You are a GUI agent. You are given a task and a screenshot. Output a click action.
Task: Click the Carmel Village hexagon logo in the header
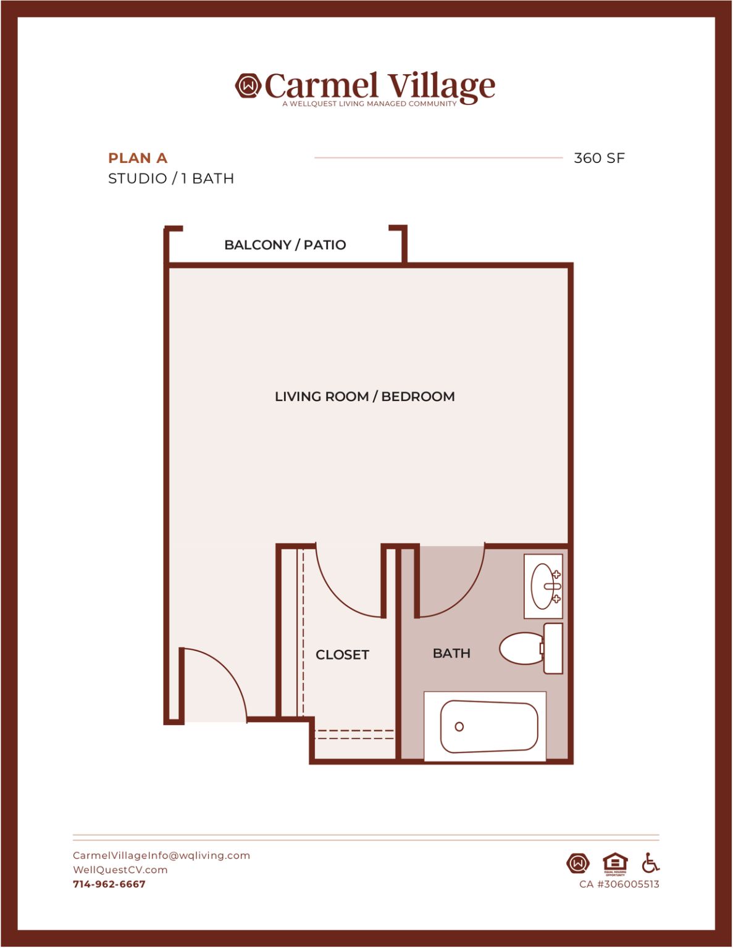coord(248,85)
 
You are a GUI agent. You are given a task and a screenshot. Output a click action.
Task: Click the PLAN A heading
coord(138,158)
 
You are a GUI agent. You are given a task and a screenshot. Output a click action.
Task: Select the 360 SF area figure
coord(599,158)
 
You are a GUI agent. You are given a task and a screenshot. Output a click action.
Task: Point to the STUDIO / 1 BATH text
coord(171,178)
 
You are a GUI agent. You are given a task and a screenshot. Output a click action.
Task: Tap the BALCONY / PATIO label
coord(285,245)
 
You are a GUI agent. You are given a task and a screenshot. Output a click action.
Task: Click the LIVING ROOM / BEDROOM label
coord(365,397)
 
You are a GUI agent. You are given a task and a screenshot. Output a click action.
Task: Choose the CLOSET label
coord(343,654)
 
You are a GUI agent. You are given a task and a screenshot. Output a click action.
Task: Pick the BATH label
coord(451,653)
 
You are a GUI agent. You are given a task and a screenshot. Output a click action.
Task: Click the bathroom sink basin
coord(542,586)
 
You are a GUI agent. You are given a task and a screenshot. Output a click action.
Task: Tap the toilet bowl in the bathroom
coord(520,648)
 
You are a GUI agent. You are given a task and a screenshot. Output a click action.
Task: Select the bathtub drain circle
coord(459,726)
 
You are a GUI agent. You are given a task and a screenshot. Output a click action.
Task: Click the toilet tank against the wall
coord(553,648)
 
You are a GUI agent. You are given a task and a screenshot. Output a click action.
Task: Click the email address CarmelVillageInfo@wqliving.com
coord(161,855)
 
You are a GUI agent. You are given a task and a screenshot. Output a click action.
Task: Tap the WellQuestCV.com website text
coord(120,870)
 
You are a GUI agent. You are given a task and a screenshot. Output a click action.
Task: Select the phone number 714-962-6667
coord(109,884)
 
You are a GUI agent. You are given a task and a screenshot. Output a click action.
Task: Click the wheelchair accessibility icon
coord(650,863)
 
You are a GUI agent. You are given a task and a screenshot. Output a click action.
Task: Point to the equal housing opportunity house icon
coord(615,863)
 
